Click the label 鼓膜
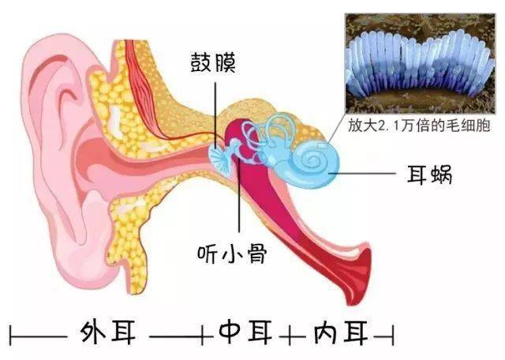coord(213,62)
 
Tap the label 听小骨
coord(232,253)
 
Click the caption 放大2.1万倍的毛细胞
coord(419,125)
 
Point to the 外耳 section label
coord(108,332)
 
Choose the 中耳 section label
coord(245,332)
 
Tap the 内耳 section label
coord(341,332)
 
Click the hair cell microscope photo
coord(420,63)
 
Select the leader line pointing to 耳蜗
coord(363,174)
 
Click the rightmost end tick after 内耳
coord(393,336)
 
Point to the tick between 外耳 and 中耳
coord(203,336)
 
